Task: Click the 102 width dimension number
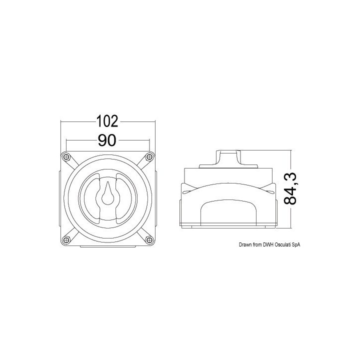pos(107,121)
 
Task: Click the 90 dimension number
pos(107,141)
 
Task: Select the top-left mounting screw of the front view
pos(65,157)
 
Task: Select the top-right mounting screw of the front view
pos(148,157)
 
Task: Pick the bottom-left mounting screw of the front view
pos(65,240)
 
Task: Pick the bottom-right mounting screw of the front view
pos(148,240)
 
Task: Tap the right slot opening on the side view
pos(270,190)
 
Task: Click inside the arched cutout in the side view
pos(228,212)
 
